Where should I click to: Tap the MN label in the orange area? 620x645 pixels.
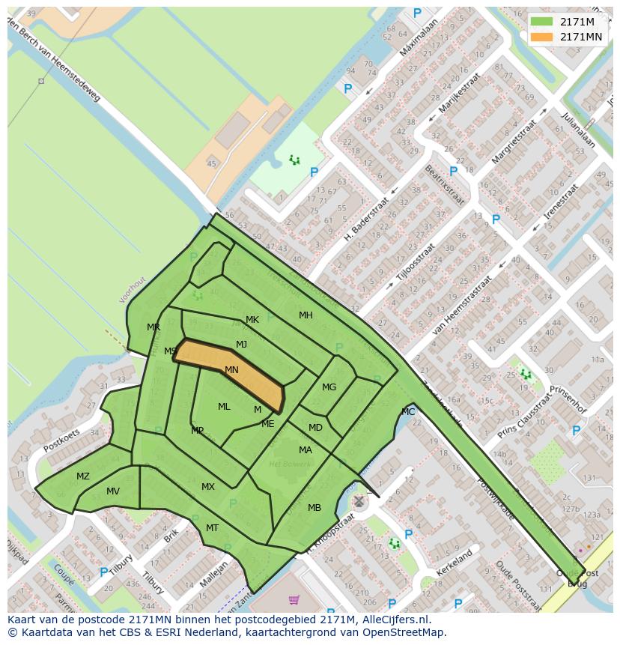231,370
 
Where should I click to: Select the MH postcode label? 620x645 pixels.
306,315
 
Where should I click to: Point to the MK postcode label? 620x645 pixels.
252,320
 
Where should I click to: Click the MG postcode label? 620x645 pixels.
329,387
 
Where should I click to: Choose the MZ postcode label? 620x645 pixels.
83,476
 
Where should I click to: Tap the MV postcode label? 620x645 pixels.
113,491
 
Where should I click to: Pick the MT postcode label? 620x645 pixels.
212,528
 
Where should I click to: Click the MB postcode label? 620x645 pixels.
314,508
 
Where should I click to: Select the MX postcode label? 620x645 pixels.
208,487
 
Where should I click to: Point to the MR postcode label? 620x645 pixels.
154,327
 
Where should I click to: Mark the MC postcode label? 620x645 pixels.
408,412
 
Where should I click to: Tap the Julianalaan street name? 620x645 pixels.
581,131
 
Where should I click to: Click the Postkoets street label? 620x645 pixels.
61,440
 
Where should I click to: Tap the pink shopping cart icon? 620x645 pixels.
294,599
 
